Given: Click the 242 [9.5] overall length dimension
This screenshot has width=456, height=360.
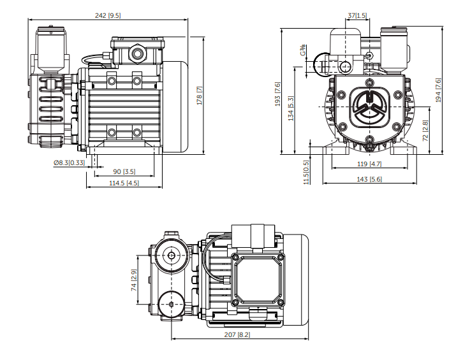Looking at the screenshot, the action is [108, 15].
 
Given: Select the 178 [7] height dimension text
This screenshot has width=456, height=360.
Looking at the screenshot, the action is [199, 96].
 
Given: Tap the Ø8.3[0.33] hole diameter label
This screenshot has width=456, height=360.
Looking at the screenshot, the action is [70, 162].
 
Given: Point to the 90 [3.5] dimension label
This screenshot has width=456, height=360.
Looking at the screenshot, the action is [124, 172].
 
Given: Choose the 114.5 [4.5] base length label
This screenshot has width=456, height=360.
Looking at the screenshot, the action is [124, 183].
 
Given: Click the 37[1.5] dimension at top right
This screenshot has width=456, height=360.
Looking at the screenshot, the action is [357, 15].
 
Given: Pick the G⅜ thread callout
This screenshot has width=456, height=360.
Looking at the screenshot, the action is [303, 50].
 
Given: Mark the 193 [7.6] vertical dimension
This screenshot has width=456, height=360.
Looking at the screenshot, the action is [277, 94].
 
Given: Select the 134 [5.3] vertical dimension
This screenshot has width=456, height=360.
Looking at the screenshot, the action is [291, 108].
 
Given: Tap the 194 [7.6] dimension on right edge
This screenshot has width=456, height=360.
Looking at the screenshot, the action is [438, 90].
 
